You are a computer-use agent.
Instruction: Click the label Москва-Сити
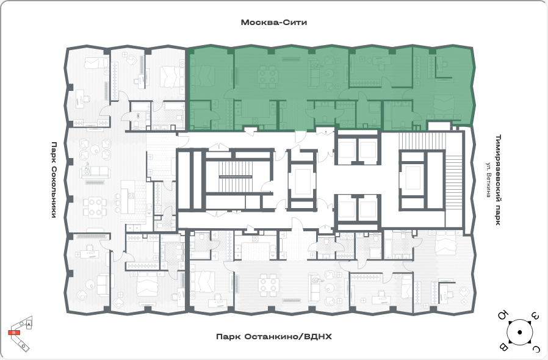tap(274, 23)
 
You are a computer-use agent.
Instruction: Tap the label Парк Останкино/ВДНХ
tap(274, 337)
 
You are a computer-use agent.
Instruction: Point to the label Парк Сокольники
tap(54, 179)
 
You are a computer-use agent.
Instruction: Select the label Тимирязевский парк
tap(499, 179)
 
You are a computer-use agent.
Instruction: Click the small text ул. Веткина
tap(489, 179)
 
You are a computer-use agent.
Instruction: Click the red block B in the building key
tap(14, 333)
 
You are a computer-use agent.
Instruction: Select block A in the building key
tap(29, 325)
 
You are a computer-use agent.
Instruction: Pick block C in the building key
tap(23, 345)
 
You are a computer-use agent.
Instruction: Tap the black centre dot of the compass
tap(520, 332)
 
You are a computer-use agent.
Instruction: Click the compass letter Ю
tap(502, 315)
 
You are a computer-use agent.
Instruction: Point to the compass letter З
tap(535, 316)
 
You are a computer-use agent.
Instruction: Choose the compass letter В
tap(503, 347)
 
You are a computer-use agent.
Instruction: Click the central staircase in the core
tap(235, 177)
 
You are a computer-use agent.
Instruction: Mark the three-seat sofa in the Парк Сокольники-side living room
tap(95, 171)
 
